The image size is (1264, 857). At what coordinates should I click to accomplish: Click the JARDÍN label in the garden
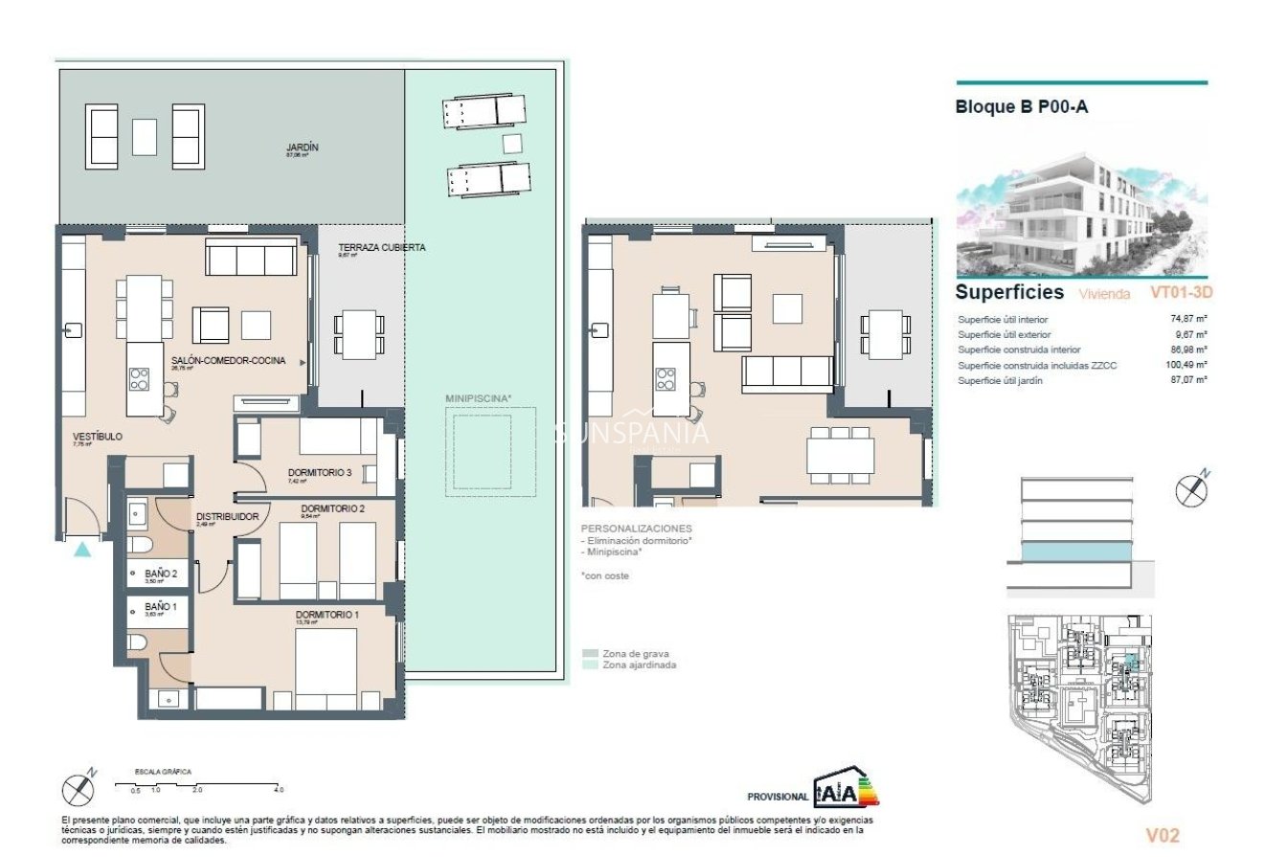(x=302, y=147)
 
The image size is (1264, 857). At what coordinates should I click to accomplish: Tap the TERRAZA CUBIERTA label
(x=381, y=247)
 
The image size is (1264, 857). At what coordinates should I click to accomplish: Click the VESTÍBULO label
(x=98, y=436)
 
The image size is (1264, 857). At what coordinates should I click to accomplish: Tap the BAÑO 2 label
(x=160, y=573)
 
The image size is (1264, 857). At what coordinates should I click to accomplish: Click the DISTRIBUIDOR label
(x=228, y=516)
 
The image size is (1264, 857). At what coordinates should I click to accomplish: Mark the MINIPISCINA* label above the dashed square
(x=479, y=397)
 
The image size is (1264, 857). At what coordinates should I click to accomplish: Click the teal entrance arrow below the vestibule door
(x=82, y=549)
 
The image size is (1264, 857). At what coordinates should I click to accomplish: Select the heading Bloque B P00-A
(x=1022, y=107)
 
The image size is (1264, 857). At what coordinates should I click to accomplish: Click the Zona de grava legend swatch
(x=590, y=653)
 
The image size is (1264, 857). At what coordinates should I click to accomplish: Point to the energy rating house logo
(x=846, y=790)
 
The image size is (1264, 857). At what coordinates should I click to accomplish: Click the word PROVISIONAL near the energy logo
(x=777, y=796)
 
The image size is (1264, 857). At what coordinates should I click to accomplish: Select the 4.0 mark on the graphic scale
(x=279, y=790)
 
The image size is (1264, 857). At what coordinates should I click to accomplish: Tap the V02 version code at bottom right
(x=1162, y=835)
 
